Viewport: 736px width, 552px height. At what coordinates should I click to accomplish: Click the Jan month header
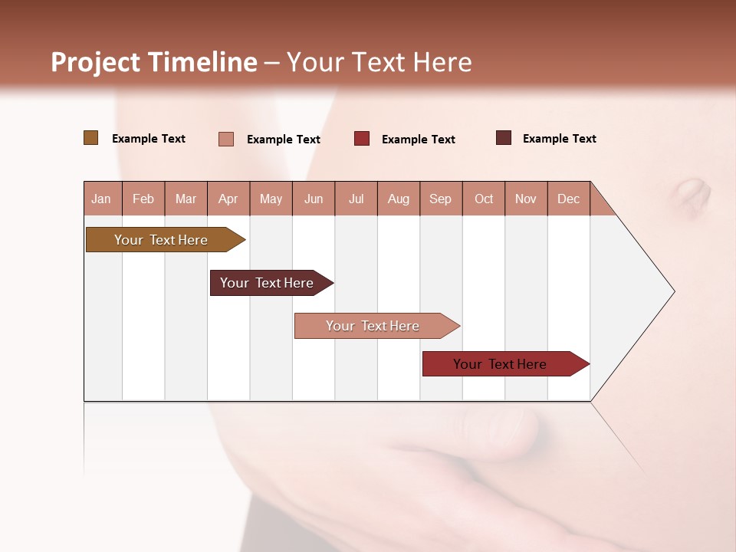[x=101, y=199]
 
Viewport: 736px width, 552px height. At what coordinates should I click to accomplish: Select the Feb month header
[x=143, y=199]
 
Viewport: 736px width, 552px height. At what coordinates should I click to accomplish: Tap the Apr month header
[x=228, y=199]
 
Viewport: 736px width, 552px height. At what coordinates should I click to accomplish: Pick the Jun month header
[x=314, y=199]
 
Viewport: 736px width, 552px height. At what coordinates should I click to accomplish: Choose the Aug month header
[x=399, y=199]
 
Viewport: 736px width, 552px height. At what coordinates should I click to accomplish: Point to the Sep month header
[x=441, y=199]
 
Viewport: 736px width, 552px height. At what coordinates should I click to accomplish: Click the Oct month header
[x=484, y=199]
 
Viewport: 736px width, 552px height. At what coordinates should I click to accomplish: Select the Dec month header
[x=569, y=199]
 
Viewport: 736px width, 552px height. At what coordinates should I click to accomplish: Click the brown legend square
[x=91, y=138]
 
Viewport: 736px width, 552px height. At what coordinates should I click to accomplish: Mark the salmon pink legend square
[x=226, y=139]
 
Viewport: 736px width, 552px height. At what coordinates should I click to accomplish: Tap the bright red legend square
[x=362, y=139]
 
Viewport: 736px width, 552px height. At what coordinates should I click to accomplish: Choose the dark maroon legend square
[x=504, y=138]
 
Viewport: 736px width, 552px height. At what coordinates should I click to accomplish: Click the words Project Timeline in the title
[x=154, y=62]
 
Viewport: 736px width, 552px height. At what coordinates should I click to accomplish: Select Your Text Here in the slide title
[x=379, y=62]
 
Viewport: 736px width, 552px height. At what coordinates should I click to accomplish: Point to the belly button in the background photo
[x=693, y=195]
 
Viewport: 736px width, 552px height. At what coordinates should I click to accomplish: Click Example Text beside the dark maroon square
[x=559, y=139]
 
